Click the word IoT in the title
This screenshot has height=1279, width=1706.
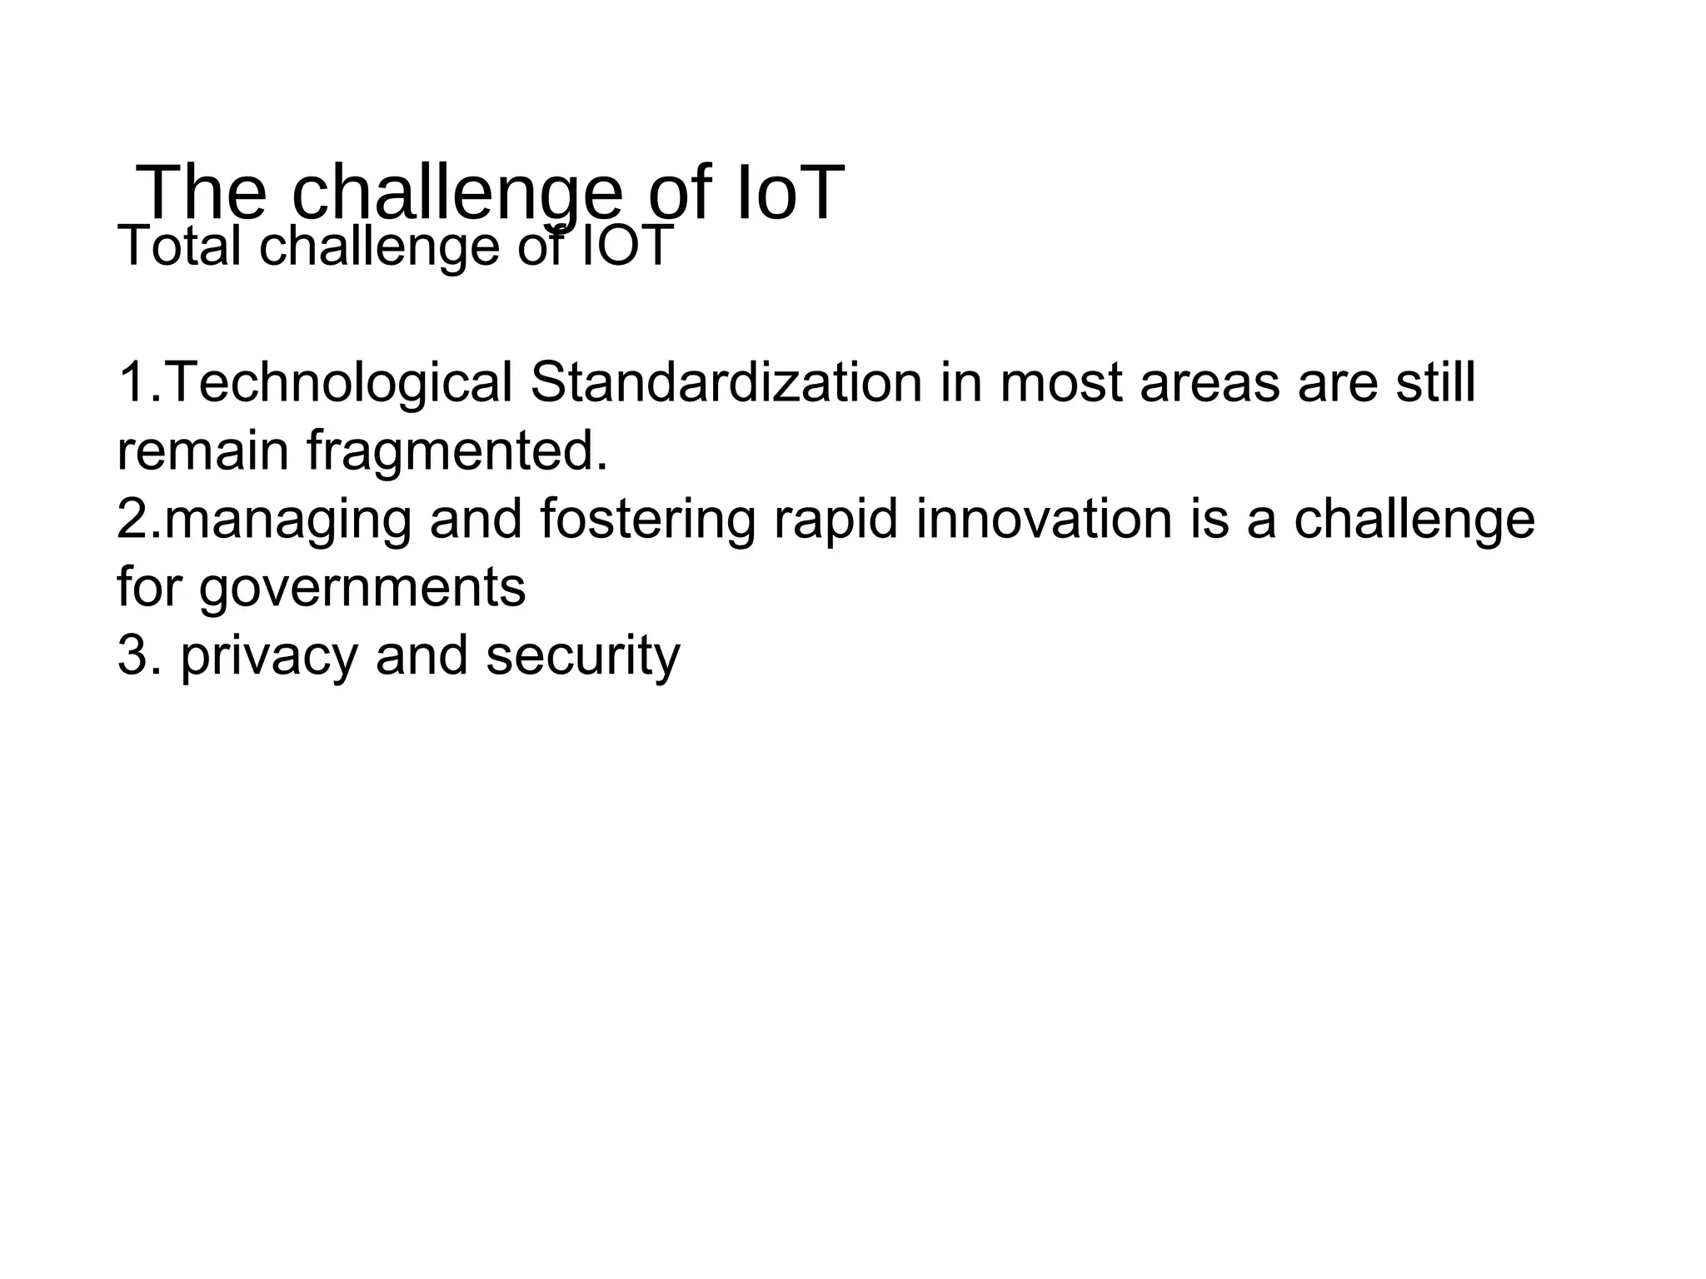pyautogui.click(x=789, y=193)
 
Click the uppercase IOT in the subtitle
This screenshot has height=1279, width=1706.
pyautogui.click(x=626, y=246)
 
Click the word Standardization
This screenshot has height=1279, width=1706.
pyautogui.click(x=726, y=383)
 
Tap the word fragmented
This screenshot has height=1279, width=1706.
pyautogui.click(x=456, y=451)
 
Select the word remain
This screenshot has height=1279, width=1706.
pyautogui.click(x=202, y=451)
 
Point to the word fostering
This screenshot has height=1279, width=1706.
pyautogui.click(x=647, y=519)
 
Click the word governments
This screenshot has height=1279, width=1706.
pyautogui.click(x=362, y=588)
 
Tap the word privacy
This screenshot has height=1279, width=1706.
pyautogui.click(x=268, y=655)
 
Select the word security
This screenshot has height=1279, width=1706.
pyautogui.click(x=583, y=655)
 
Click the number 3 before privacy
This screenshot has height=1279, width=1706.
pyautogui.click(x=133, y=655)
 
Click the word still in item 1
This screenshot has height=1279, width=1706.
pyautogui.click(x=1435, y=383)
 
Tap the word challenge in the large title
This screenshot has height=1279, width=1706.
pyautogui.click(x=456, y=193)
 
